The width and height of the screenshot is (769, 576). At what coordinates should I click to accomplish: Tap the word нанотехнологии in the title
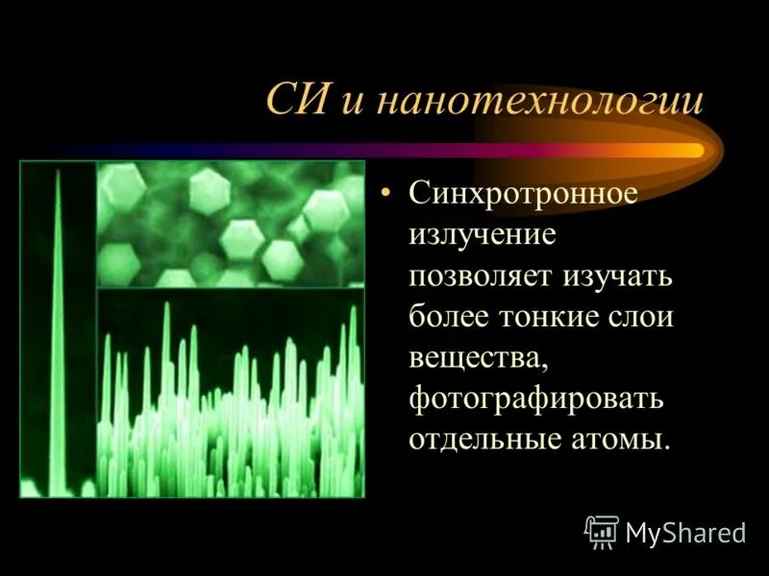click(538, 103)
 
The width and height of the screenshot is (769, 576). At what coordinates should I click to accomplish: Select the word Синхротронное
click(523, 194)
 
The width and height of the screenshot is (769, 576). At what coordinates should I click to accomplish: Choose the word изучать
click(617, 276)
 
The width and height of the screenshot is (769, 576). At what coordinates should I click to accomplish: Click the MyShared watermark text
click(685, 533)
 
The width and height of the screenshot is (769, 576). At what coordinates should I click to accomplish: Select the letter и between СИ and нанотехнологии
click(351, 105)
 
